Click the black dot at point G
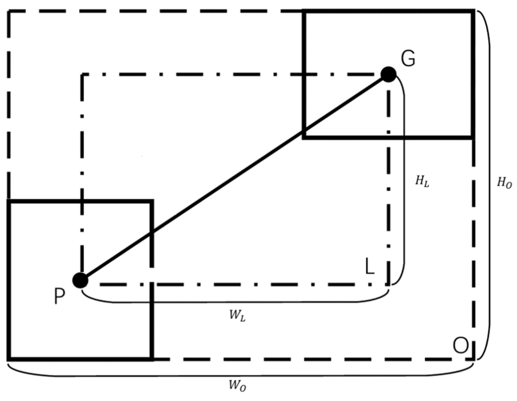pyautogui.click(x=389, y=74)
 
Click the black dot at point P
pyautogui.click(x=80, y=281)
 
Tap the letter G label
pyautogui.click(x=408, y=59)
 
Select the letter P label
pyautogui.click(x=59, y=296)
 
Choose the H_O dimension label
pyautogui.click(x=504, y=183)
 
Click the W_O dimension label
pyautogui.click(x=237, y=386)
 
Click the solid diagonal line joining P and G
pyautogui.click(x=234, y=178)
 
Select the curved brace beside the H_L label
pyautogui.click(x=404, y=179)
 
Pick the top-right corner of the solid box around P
pyautogui.click(x=152, y=202)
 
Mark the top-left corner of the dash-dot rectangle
pyautogui.click(x=83, y=75)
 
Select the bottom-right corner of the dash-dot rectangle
pyautogui.click(x=389, y=283)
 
